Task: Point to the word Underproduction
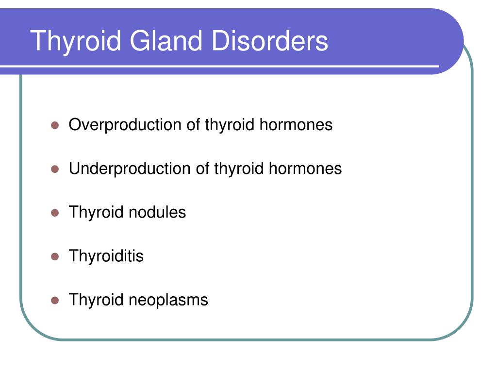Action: tap(130, 169)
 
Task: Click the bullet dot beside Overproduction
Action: tap(55, 126)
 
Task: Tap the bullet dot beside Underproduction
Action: tap(55, 170)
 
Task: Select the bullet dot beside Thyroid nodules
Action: tap(55, 213)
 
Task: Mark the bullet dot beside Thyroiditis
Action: tap(55, 256)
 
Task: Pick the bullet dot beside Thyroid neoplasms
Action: tap(55, 300)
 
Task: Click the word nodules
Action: tap(157, 212)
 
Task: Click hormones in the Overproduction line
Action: tap(296, 125)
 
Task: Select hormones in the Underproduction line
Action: tap(305, 169)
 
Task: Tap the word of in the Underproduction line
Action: tap(202, 169)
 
